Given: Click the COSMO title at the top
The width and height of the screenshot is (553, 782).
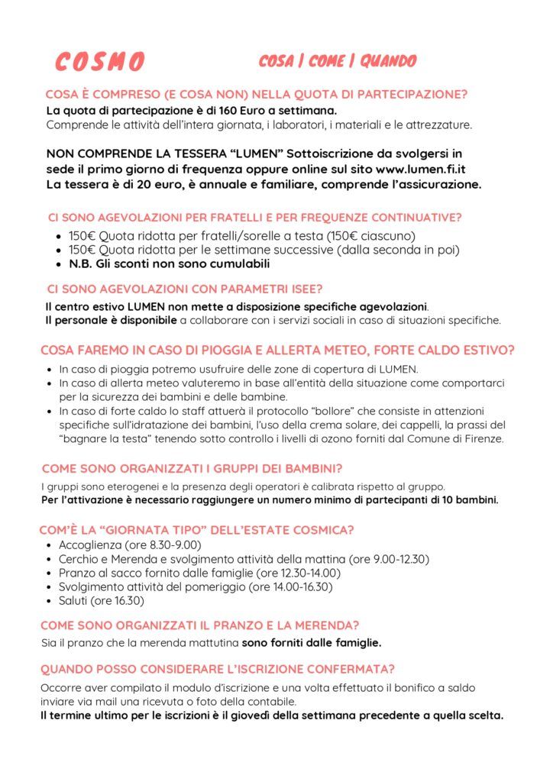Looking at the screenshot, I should click(99, 62).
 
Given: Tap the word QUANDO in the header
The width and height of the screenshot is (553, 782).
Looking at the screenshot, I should click(388, 61).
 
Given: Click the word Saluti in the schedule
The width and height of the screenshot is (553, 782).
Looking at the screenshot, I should click(76, 600).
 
